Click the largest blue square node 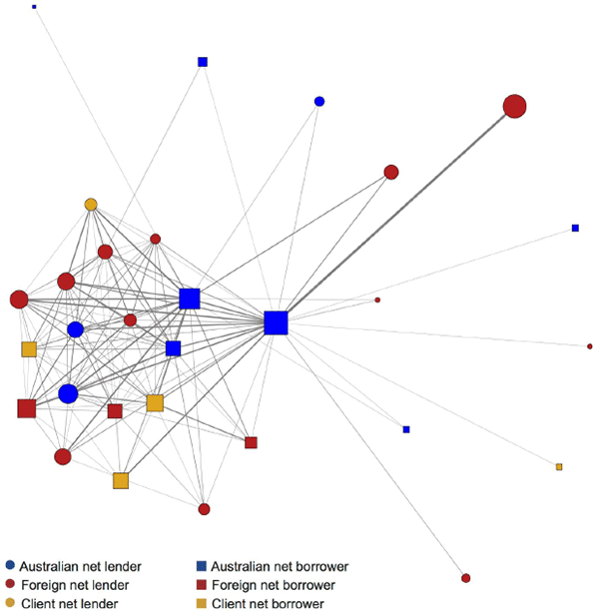click(277, 322)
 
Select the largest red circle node click(514, 106)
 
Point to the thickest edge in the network click(399, 210)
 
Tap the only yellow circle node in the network click(91, 205)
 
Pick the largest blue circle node click(68, 393)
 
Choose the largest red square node click(27, 407)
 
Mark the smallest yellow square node click(559, 467)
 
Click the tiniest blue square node click(34, 6)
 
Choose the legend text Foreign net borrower click(274, 584)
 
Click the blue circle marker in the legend click(10, 566)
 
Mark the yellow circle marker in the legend click(10, 603)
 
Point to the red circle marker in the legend click(10, 584)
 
